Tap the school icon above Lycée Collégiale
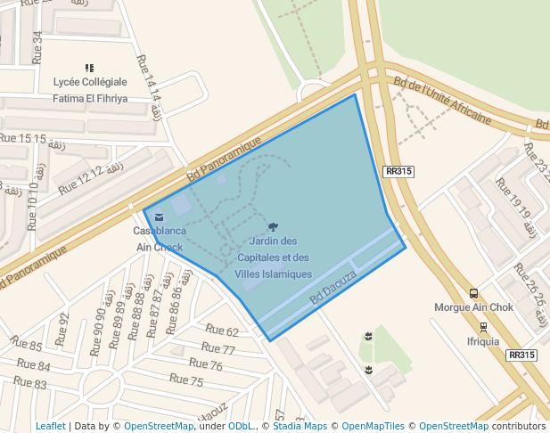[x=89, y=68]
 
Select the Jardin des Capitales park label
[x=274, y=257]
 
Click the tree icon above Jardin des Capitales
[x=273, y=228]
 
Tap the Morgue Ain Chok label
[x=473, y=308]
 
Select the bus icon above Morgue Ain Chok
[x=473, y=293]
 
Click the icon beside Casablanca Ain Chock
[x=159, y=216]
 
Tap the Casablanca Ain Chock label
[x=159, y=239]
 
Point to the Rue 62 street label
[x=222, y=332]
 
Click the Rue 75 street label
[x=185, y=380]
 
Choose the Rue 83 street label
[x=29, y=382]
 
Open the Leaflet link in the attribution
[x=50, y=427]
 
